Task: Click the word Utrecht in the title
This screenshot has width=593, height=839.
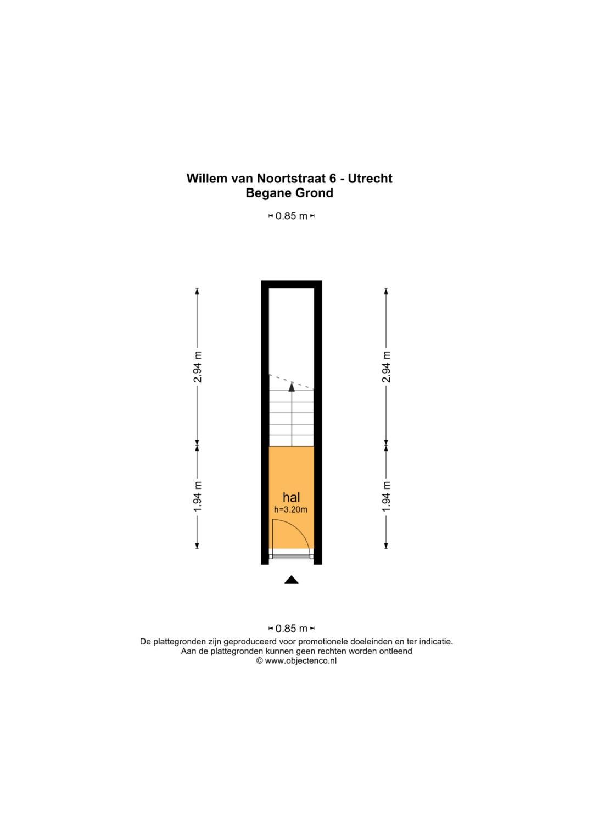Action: (370, 178)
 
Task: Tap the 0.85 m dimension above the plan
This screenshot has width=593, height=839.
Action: (291, 216)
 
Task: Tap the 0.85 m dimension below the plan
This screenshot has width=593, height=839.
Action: (291, 628)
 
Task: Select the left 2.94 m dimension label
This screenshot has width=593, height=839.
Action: (197, 366)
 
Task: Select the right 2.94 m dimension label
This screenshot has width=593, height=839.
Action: (386, 366)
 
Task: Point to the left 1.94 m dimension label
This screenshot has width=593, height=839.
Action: (197, 496)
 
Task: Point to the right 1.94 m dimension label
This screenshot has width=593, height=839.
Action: (386, 496)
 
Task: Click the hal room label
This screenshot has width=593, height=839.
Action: (291, 497)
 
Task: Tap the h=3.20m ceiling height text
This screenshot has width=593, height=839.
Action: (291, 509)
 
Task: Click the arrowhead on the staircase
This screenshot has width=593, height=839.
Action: (292, 387)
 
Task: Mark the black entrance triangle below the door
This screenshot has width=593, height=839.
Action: (291, 580)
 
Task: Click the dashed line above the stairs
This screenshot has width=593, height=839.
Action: (291, 381)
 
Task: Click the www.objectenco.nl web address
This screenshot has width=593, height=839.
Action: (301, 661)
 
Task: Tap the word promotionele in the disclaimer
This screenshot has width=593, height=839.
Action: (322, 642)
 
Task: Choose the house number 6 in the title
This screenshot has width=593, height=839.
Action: (332, 178)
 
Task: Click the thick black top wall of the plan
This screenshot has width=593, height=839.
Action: (291, 284)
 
